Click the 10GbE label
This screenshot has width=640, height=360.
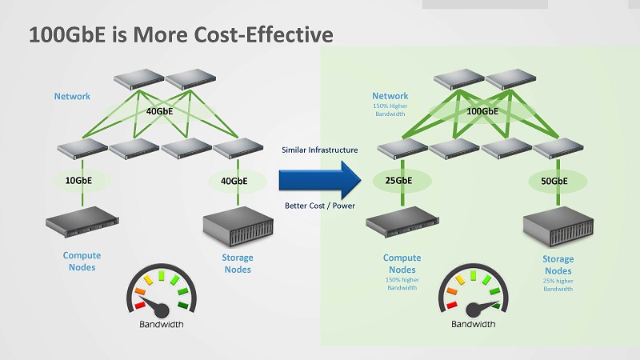78,181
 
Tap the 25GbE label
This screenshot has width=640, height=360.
398,181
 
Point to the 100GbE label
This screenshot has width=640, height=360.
482,111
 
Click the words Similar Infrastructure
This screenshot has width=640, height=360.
318,150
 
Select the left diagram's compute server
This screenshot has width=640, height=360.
84,222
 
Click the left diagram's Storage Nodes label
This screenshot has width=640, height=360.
238,263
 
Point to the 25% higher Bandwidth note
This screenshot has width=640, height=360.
558,284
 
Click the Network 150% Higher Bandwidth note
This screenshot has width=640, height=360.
390,105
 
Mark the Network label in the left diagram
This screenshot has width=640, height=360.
72,97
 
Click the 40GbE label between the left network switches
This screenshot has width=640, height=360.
159,111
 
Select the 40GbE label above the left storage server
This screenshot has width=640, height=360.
234,181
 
